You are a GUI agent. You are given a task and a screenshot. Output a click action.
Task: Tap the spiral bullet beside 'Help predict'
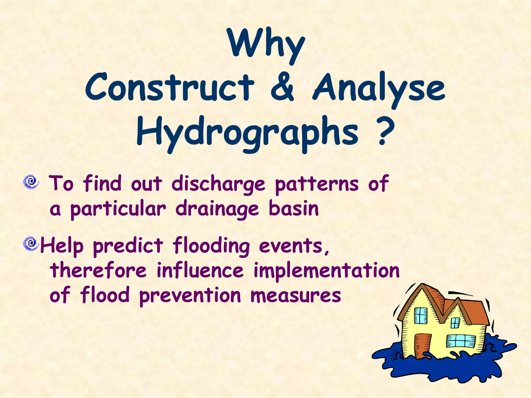click(31, 244)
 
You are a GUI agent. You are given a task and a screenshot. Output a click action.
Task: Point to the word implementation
click(326, 271)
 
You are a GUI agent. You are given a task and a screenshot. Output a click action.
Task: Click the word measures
click(296, 296)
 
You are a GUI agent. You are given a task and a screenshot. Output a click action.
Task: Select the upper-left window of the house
click(421, 316)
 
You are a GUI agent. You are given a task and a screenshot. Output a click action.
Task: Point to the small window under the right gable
click(456, 323)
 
